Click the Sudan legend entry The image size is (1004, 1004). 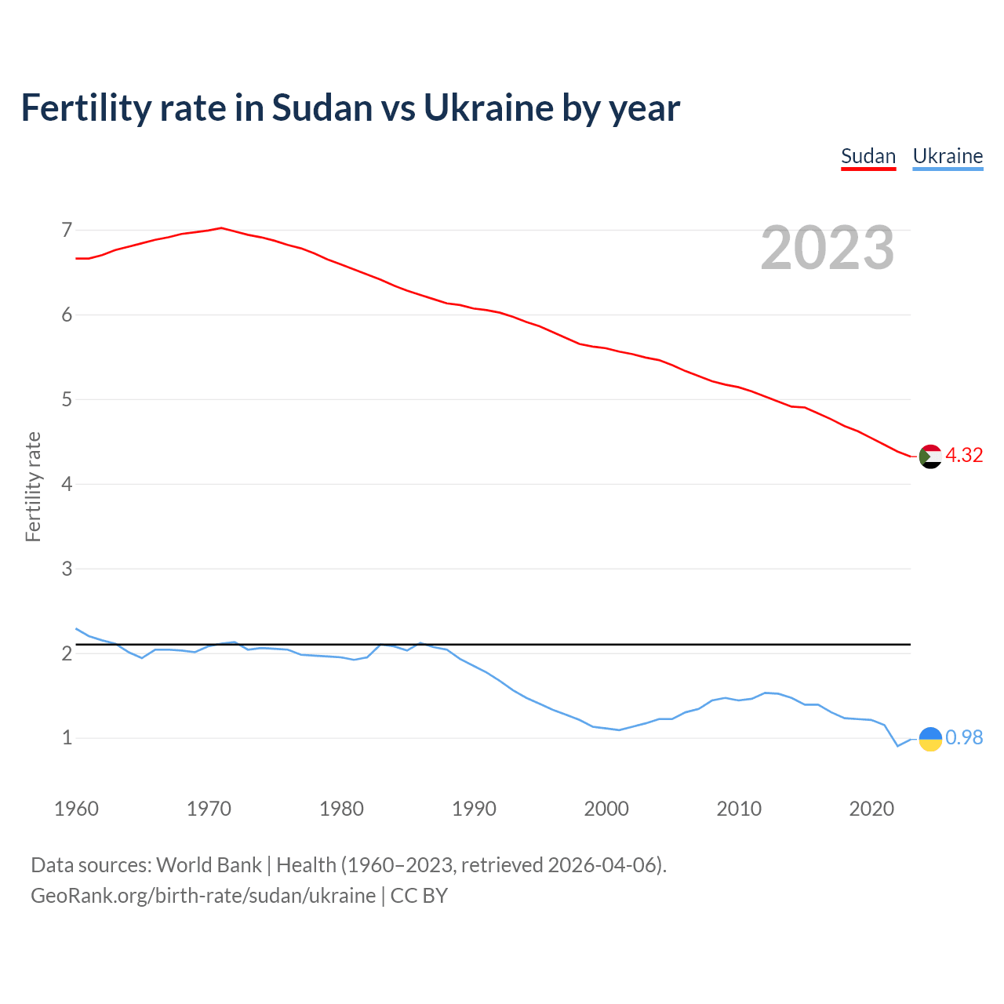868,156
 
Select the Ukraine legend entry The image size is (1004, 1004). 948,156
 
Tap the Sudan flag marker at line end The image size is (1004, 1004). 930,456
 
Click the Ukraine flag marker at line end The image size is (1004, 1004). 930,738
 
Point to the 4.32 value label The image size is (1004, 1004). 964,456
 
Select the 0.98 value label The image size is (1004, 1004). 964,738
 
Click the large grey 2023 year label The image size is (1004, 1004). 828,248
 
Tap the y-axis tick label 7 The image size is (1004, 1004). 67,230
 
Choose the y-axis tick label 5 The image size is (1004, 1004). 67,399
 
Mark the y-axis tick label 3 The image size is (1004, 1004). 67,569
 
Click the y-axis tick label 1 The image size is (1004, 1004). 67,738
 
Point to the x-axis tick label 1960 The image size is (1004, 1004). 76,809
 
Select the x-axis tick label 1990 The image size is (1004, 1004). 474,809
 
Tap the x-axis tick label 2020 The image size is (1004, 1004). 871,809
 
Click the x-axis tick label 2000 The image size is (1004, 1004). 606,809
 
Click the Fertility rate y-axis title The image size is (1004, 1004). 33,486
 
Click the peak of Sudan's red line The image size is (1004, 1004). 221,227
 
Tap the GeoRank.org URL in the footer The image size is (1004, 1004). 203,896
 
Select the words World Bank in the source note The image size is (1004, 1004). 209,865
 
